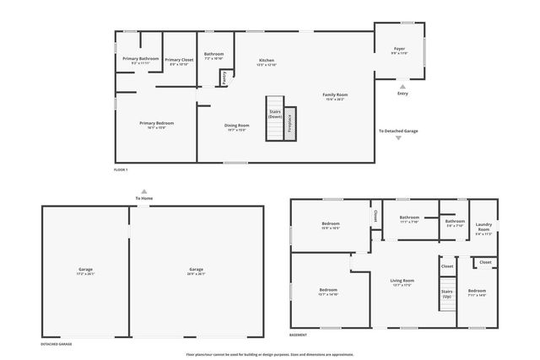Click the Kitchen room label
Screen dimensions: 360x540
point(267,62)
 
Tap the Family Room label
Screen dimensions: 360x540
point(335,95)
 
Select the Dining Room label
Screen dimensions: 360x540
point(236,126)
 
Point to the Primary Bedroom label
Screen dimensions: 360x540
point(156,124)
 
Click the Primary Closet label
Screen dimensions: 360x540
point(179,60)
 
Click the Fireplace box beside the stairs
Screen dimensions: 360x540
point(289,122)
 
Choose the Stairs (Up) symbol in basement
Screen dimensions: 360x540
point(446,294)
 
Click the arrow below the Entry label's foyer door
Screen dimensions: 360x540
point(402,86)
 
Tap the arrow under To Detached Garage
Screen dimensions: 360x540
point(398,138)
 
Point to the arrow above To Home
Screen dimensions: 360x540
point(144,191)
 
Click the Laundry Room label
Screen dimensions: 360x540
point(483,230)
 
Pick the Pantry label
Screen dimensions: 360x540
point(224,77)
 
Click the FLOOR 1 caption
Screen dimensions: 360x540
point(121,169)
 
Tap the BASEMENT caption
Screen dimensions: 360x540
point(298,335)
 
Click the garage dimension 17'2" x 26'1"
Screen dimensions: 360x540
point(86,273)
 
